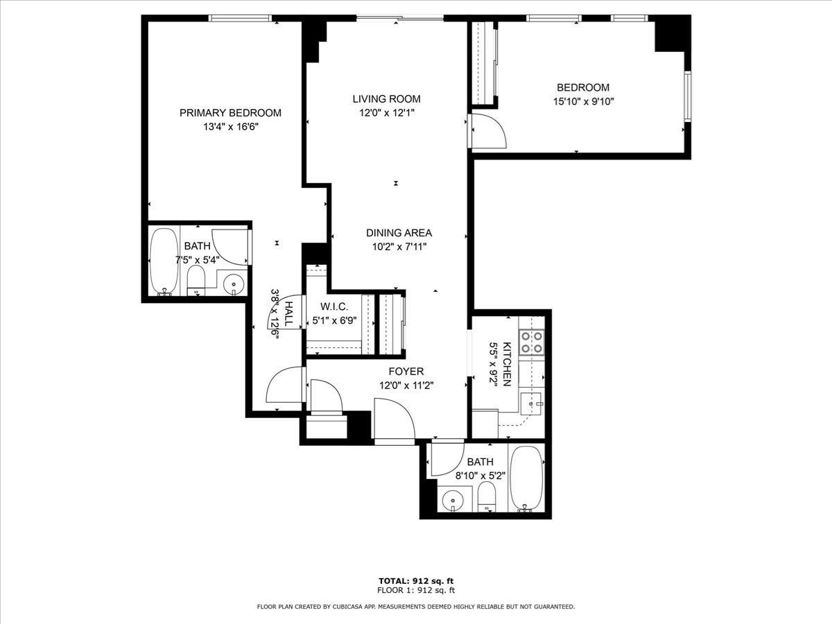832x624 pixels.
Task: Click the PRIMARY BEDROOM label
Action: [x=230, y=113]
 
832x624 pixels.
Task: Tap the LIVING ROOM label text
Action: [x=386, y=99]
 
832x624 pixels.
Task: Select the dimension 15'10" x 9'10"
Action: [x=583, y=101]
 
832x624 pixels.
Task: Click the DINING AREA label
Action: [x=399, y=233]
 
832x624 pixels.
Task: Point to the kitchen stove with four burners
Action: [x=531, y=341]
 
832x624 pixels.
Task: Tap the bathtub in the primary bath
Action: [x=164, y=261]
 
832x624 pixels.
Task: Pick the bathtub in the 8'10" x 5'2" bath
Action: [x=526, y=478]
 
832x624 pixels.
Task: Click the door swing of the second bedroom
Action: [x=489, y=132]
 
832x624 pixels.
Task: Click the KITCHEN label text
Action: [x=507, y=363]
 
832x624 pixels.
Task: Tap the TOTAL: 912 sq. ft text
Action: [x=416, y=580]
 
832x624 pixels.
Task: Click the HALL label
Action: [x=288, y=313]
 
